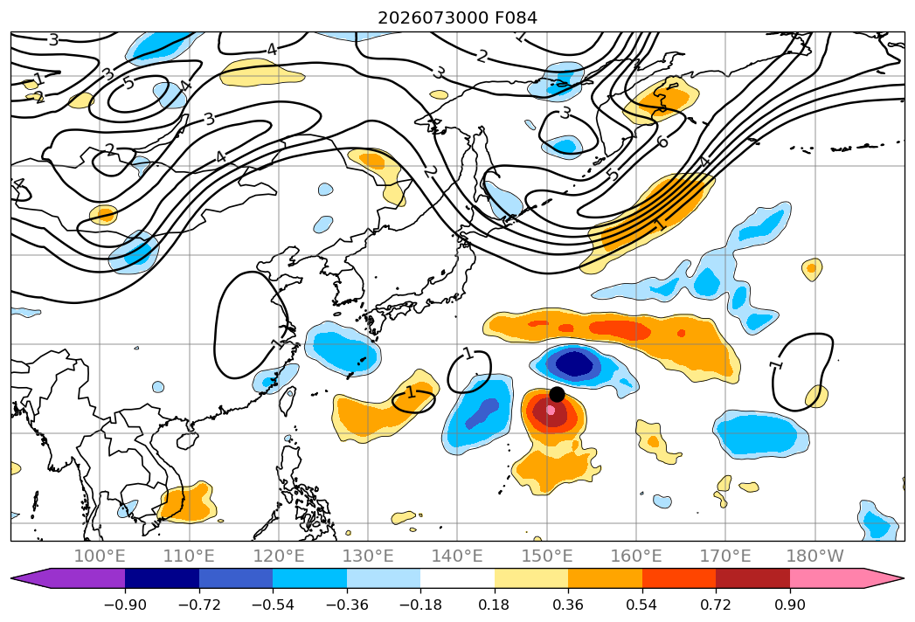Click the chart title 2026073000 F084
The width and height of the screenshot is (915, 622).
(457, 17)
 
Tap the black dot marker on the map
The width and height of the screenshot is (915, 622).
(557, 395)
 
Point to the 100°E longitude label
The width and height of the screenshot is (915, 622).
(100, 556)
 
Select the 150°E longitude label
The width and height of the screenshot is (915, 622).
(547, 556)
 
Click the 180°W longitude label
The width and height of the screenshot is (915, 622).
(815, 556)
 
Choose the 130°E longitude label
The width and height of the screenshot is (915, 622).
(368, 556)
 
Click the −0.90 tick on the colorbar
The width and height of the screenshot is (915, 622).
(125, 605)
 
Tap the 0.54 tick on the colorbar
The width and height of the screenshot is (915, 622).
(642, 605)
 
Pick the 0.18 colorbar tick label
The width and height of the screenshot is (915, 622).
(495, 605)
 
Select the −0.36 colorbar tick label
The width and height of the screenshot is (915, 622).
(347, 605)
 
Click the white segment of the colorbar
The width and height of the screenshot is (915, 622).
(458, 577)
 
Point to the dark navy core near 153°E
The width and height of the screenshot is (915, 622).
(575, 363)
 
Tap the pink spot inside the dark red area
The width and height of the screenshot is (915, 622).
(551, 410)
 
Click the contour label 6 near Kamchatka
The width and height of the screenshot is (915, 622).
(662, 142)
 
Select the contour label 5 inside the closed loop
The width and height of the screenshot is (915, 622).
(129, 84)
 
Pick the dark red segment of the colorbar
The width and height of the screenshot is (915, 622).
(752, 577)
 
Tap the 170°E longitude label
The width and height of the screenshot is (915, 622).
(725, 556)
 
